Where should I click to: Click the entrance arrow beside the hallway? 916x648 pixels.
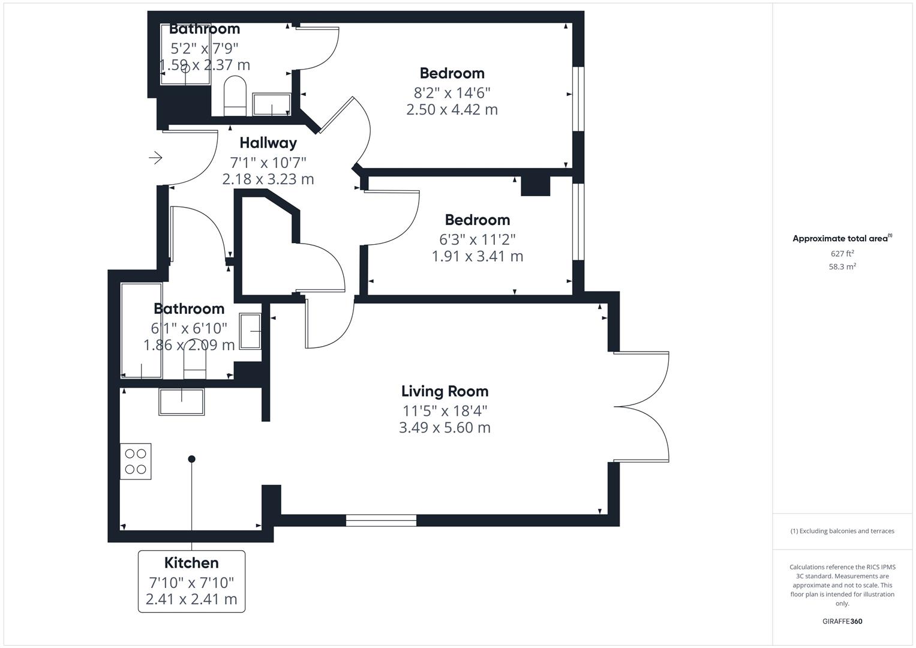[155, 158]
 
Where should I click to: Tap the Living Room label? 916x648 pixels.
[445, 391]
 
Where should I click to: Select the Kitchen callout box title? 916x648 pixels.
[191, 563]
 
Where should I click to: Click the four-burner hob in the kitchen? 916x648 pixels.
[136, 461]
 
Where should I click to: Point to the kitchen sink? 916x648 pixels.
[181, 401]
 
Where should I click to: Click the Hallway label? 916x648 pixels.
[268, 143]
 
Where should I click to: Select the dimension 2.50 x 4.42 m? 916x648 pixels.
[452, 110]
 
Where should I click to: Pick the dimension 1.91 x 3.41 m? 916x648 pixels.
[477, 256]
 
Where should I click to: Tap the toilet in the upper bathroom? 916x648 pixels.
[235, 95]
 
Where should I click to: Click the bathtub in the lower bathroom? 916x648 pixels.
[142, 330]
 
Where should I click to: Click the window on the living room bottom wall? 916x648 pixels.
[381, 520]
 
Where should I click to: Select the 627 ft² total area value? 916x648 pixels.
[842, 254]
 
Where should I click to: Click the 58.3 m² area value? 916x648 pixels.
[842, 267]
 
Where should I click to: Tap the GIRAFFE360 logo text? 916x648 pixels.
[842, 622]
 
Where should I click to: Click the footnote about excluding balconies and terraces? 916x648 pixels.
[842, 531]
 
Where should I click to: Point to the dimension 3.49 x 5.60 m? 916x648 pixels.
[445, 428]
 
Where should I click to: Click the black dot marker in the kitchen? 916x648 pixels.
[192, 459]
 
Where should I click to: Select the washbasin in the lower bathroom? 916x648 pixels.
[251, 331]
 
